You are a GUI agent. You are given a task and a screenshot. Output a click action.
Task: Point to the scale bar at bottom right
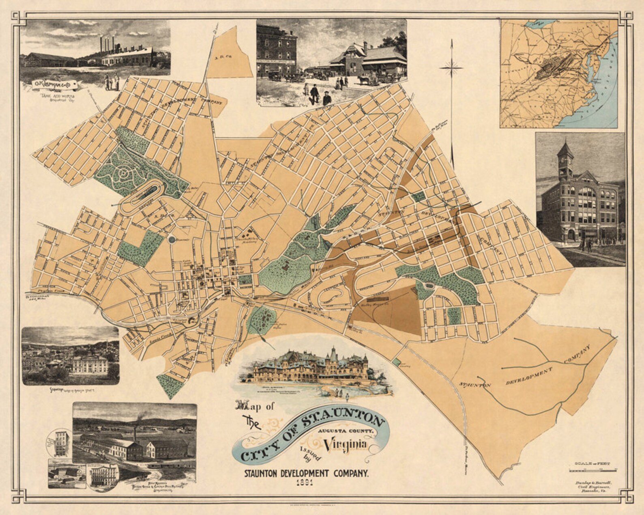(593, 470)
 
